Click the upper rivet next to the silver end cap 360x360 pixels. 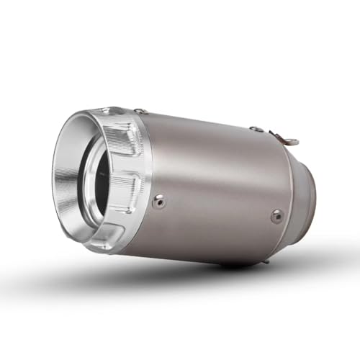143,112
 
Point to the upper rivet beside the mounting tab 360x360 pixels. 258,129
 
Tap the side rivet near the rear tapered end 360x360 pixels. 277,215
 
